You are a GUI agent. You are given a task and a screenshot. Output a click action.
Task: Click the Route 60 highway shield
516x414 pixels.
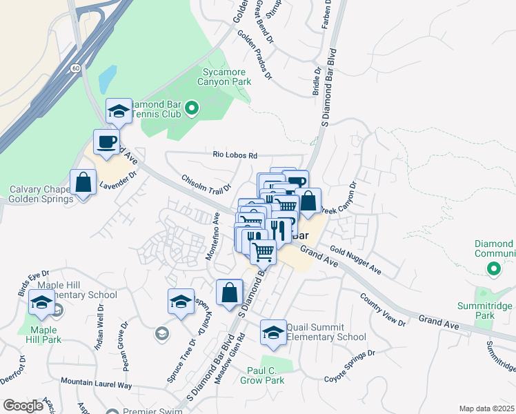75,68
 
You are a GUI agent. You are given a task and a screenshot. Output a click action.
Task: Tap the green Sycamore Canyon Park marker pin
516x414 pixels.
192,108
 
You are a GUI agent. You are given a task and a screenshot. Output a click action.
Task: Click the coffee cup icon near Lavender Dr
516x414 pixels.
106,142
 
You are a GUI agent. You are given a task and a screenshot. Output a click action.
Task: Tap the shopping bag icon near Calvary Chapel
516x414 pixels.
83,183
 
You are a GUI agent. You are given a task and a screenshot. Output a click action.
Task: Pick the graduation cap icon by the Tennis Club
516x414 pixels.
119,111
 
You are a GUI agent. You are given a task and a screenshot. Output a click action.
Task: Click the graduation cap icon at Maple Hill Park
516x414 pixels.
41,304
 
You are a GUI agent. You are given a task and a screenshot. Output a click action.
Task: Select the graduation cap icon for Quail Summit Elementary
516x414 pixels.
273,333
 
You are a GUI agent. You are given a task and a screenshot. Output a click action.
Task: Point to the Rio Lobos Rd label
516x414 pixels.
235,155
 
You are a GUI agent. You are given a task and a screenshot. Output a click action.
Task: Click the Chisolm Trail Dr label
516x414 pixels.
205,185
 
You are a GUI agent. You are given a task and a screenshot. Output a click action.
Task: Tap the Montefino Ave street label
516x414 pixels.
214,236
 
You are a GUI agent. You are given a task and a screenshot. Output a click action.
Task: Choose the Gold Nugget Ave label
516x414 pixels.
355,259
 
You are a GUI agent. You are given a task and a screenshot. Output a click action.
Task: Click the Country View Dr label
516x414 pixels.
383,308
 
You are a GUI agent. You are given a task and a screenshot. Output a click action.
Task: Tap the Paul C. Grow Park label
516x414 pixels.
266,375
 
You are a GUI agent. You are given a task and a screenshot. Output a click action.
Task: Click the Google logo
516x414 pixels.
23,406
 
